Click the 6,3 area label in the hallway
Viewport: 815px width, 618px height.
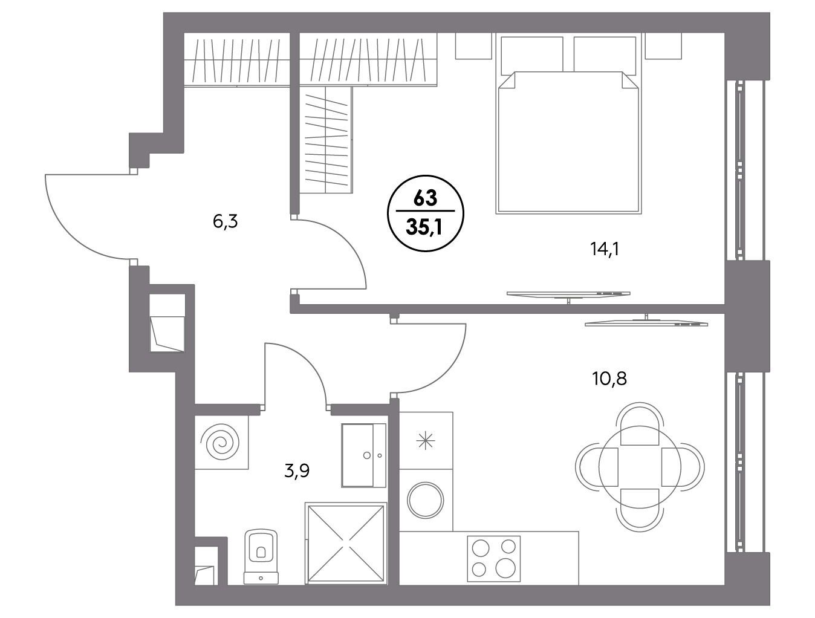(x=225, y=222)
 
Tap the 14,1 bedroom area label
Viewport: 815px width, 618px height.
(x=605, y=249)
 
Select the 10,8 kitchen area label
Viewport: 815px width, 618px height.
(x=609, y=379)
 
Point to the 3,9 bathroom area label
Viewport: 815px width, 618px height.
(x=297, y=471)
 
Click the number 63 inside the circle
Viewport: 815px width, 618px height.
(x=426, y=199)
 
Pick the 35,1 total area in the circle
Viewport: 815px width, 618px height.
(x=424, y=227)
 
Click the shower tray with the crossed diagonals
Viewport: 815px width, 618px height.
(x=346, y=544)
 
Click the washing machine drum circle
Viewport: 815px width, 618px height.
(x=426, y=500)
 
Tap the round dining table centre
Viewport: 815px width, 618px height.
(x=640, y=467)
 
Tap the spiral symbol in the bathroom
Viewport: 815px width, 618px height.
(x=221, y=442)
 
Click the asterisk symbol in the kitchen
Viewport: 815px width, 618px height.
(x=426, y=440)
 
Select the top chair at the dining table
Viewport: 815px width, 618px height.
(x=640, y=424)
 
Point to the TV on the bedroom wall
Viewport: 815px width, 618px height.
(x=568, y=294)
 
